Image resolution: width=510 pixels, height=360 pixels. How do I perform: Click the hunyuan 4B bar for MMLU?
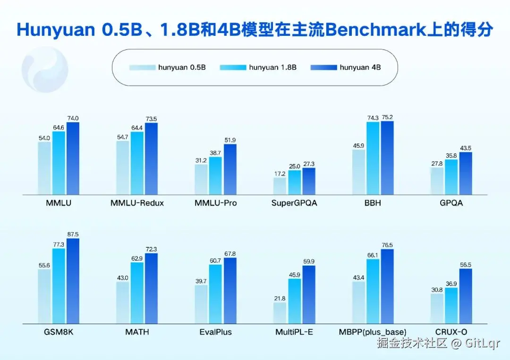(x=73, y=159)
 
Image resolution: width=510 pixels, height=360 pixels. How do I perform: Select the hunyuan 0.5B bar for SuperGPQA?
(x=280, y=186)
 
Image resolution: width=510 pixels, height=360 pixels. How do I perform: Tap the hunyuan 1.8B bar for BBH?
(x=373, y=159)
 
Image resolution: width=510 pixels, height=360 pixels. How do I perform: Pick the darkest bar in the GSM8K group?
(x=73, y=281)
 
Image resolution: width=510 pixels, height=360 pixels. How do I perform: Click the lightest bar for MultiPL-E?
(x=280, y=313)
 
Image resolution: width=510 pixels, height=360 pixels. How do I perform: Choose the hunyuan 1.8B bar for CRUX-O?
(x=451, y=306)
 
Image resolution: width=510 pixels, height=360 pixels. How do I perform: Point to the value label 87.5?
(x=73, y=234)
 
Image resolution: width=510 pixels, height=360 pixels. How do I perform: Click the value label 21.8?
(x=280, y=298)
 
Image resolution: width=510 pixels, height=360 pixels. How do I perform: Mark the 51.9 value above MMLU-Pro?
(x=230, y=140)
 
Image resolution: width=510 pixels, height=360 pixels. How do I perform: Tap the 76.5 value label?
(x=387, y=245)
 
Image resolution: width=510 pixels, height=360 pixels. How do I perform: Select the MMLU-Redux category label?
(x=137, y=203)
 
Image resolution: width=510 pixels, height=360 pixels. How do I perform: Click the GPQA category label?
(x=451, y=203)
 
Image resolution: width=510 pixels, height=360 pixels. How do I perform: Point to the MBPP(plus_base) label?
(x=373, y=332)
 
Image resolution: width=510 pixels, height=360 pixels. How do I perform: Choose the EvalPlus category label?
(x=215, y=332)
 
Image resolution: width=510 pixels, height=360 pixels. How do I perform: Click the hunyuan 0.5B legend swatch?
(x=143, y=67)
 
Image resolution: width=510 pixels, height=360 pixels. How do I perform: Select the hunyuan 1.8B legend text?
(x=272, y=67)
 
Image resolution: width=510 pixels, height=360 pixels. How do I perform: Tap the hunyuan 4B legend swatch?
(x=323, y=67)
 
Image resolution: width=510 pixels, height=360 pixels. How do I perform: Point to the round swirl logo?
(x=45, y=69)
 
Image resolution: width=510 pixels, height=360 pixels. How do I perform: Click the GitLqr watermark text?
(x=482, y=343)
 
